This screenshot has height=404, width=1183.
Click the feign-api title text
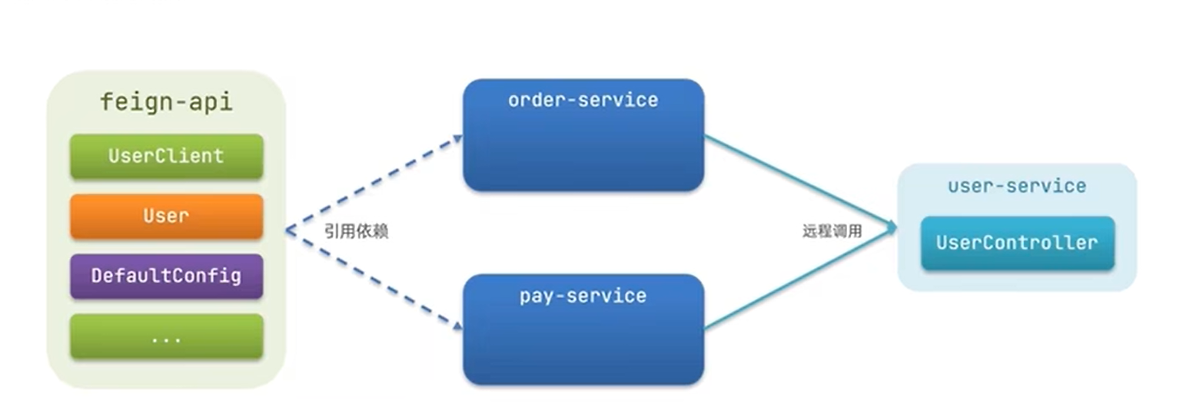click(x=166, y=102)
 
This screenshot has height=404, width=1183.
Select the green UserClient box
click(x=166, y=156)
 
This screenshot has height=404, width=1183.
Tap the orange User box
click(x=166, y=216)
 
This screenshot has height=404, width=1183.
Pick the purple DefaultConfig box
click(x=166, y=276)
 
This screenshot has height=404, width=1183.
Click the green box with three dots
click(x=166, y=336)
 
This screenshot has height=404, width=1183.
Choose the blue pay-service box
click(x=583, y=338)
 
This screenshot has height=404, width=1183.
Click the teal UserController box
click(x=1017, y=243)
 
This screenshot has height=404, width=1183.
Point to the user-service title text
click(x=1017, y=186)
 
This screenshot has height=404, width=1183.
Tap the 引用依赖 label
click(x=356, y=231)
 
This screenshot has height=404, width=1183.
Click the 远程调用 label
click(x=832, y=231)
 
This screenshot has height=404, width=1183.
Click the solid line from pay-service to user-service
click(x=799, y=279)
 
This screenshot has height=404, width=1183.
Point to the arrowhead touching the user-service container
click(x=892, y=227)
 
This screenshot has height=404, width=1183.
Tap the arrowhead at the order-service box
click(x=457, y=138)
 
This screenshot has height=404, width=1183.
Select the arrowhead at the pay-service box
click(x=457, y=326)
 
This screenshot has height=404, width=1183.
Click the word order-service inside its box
click(x=583, y=100)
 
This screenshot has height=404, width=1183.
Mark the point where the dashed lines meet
click(x=287, y=230)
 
